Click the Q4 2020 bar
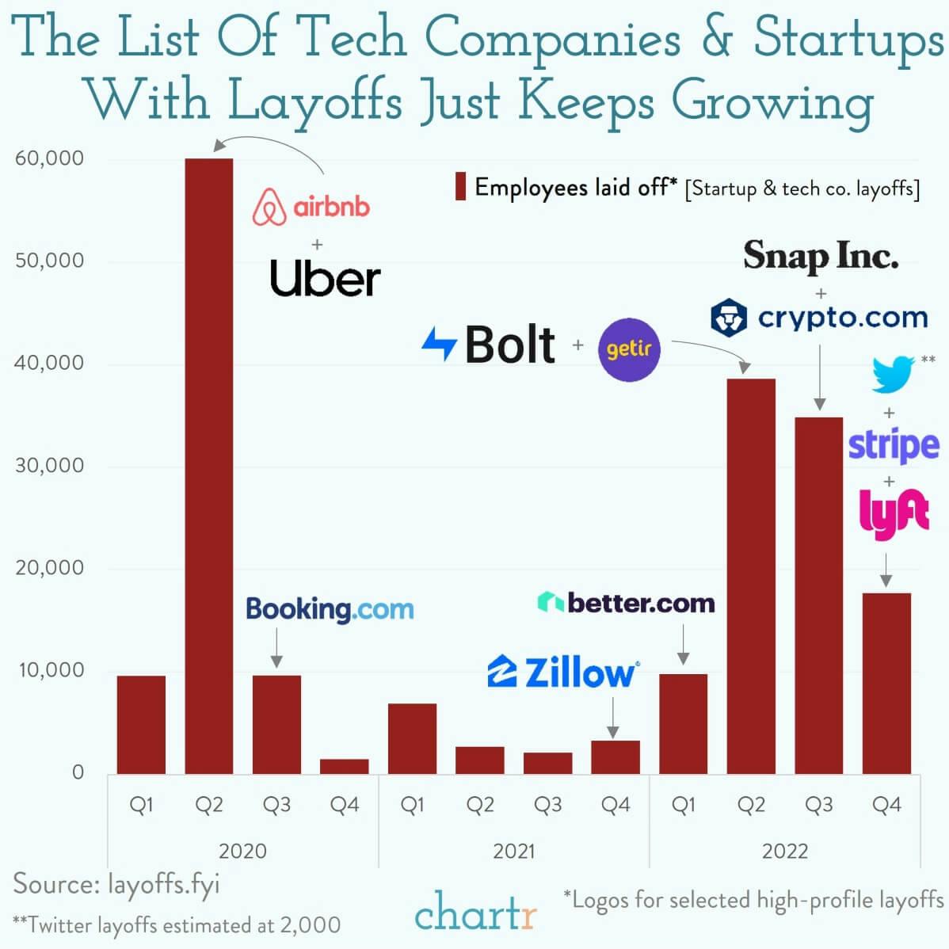point(345,766)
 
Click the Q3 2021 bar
point(547,763)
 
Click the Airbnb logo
point(311,208)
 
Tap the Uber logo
point(325,278)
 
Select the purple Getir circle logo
point(629,349)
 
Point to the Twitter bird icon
point(893,374)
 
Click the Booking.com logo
point(330,609)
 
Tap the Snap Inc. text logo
point(821,256)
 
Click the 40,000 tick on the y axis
point(48,364)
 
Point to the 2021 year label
point(513,852)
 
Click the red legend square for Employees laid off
point(460,187)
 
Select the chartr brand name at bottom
point(475,913)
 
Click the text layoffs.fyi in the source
point(163,885)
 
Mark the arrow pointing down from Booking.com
point(276,648)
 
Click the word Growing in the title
point(772,101)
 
